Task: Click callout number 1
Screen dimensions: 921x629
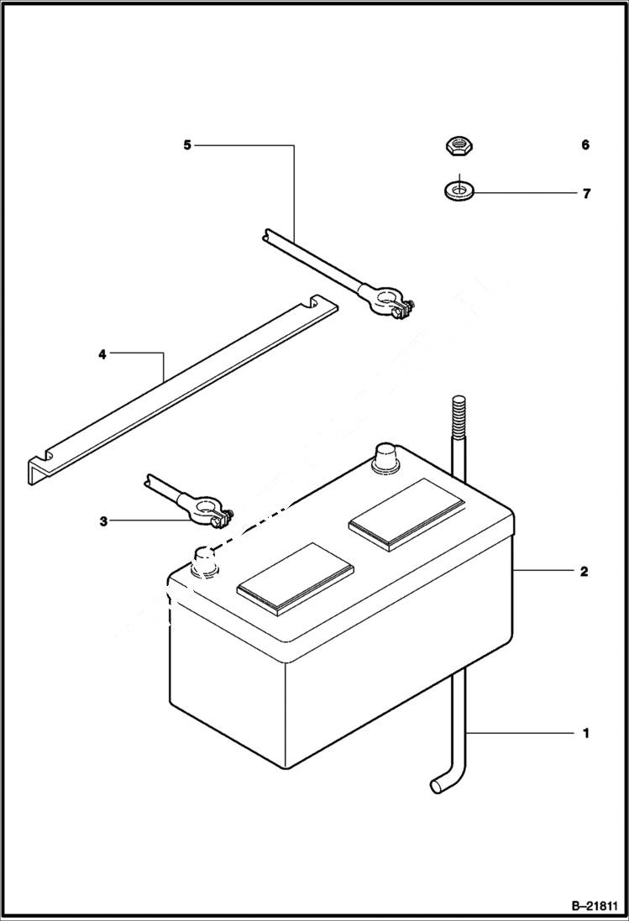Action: click(585, 733)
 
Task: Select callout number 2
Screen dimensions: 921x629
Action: click(584, 572)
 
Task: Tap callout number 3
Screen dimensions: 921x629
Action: click(103, 521)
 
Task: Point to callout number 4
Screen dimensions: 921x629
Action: click(102, 354)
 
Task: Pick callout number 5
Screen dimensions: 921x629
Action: click(187, 145)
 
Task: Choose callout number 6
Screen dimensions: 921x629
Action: click(584, 145)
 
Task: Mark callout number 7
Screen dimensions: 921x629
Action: click(586, 193)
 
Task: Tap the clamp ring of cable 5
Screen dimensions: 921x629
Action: click(385, 299)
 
